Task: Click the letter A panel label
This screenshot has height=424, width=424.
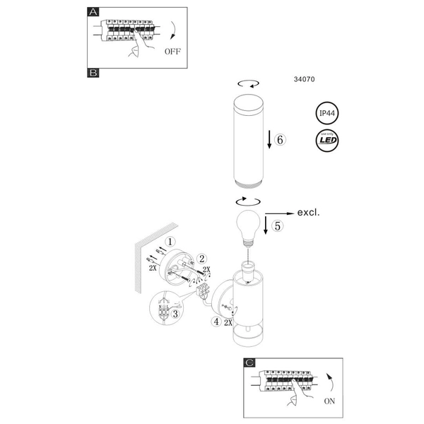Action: (x=93, y=13)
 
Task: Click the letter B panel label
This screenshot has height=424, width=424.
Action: (x=93, y=73)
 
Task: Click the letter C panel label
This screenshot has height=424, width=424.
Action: (x=249, y=363)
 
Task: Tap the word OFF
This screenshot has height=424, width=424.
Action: (x=172, y=52)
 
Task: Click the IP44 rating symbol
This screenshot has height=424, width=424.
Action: (x=326, y=113)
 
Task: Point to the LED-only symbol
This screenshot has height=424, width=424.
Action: (x=326, y=141)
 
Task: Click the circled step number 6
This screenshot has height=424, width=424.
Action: (x=279, y=140)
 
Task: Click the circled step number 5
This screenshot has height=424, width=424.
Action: (x=278, y=226)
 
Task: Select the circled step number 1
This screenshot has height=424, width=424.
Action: (x=170, y=242)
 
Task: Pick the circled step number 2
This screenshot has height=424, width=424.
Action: (x=201, y=259)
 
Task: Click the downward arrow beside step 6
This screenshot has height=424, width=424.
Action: (x=269, y=140)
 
